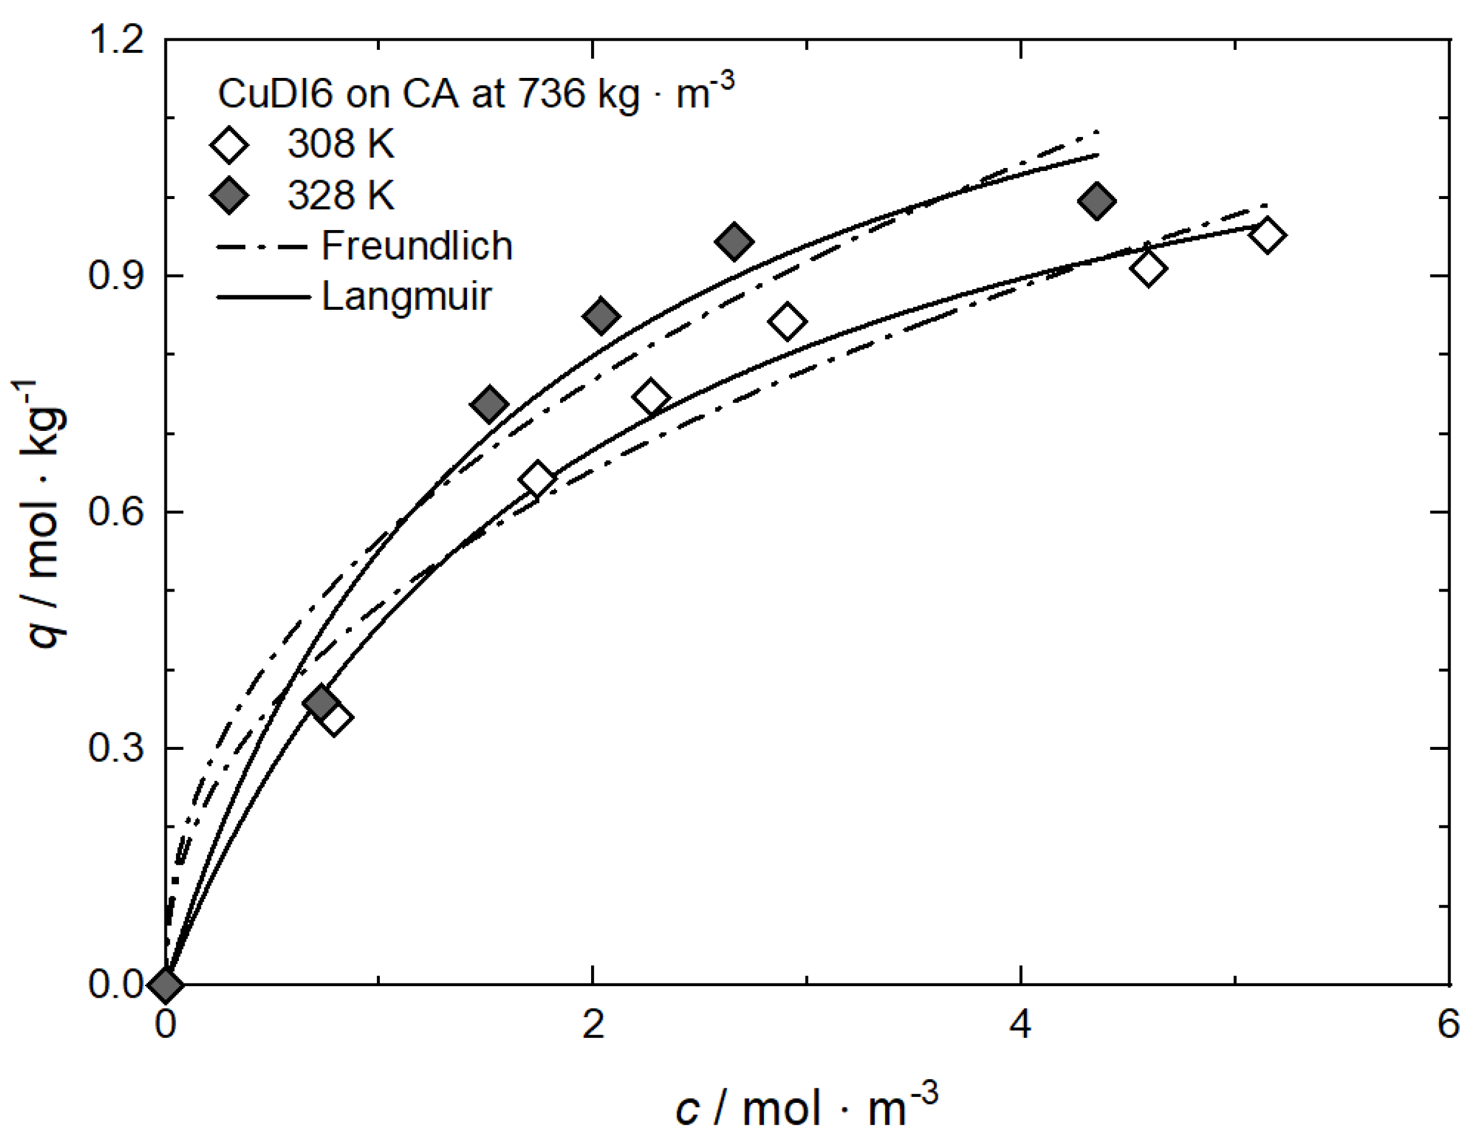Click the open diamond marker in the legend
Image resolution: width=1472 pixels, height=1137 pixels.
coord(229,144)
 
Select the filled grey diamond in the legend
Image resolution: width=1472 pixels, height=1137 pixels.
coord(229,195)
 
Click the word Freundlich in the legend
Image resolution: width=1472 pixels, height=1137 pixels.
coord(416,245)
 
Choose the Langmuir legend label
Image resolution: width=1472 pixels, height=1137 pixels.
coord(407,296)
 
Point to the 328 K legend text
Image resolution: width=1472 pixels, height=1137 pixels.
coord(340,195)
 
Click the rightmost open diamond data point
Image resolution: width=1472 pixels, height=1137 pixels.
coord(1267,235)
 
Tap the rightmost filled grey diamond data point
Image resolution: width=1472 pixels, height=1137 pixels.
coord(1096,200)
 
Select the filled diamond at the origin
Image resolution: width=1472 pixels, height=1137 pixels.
coord(166,984)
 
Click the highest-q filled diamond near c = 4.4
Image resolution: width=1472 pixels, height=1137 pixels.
coord(1096,200)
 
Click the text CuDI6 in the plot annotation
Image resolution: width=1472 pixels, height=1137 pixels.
coord(275,94)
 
